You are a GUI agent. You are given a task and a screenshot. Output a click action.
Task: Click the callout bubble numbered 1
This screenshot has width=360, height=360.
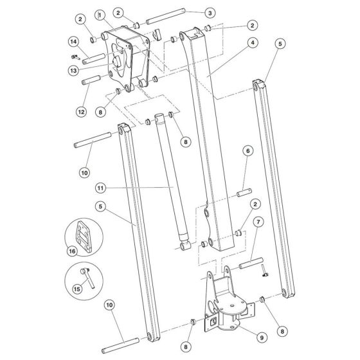coord(100,14)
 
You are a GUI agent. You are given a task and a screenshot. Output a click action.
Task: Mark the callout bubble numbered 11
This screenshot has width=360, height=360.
coord(100,187)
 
